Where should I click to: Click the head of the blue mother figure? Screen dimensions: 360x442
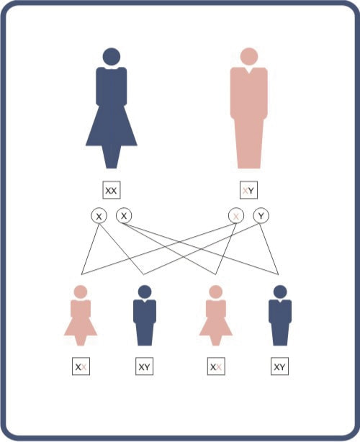pyautogui.click(x=112, y=57)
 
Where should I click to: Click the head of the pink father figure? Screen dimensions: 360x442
pyautogui.click(x=249, y=56)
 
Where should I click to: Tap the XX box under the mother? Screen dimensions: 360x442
pyautogui.click(x=112, y=190)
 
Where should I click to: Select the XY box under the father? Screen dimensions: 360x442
pyautogui.click(x=248, y=190)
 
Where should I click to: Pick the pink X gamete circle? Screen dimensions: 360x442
pyautogui.click(x=236, y=216)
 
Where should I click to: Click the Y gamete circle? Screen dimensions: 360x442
pyautogui.click(x=261, y=216)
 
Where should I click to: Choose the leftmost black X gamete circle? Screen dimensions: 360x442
pyautogui.click(x=99, y=216)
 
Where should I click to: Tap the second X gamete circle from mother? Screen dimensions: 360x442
pyautogui.click(x=124, y=215)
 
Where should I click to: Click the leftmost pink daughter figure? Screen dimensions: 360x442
pyautogui.click(x=81, y=315)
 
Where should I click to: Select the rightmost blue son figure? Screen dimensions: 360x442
pyautogui.click(x=280, y=315)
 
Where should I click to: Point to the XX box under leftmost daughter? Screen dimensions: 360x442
pyautogui.click(x=81, y=366)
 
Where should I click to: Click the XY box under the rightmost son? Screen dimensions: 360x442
pyautogui.click(x=279, y=366)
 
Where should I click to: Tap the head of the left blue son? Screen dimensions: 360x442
pyautogui.click(x=145, y=292)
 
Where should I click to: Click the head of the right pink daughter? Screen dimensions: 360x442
pyautogui.click(x=216, y=292)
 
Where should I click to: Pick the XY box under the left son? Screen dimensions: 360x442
pyautogui.click(x=144, y=366)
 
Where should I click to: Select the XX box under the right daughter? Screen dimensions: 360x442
pyautogui.click(x=216, y=366)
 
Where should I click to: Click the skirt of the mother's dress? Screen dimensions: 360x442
pyautogui.click(x=112, y=126)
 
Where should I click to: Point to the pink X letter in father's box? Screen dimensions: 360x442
pyautogui.click(x=245, y=191)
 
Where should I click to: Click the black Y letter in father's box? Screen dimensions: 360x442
pyautogui.click(x=251, y=191)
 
